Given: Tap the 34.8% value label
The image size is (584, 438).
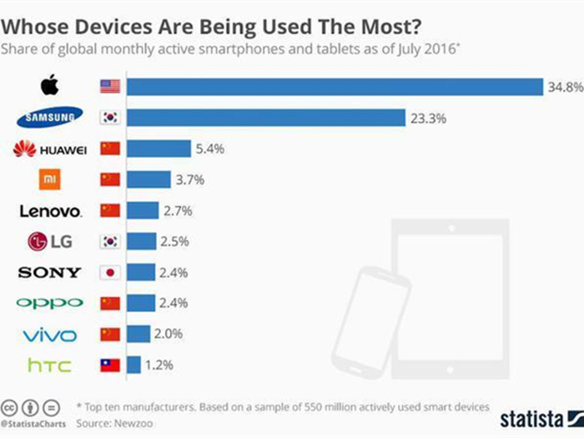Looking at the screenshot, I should click(562, 87).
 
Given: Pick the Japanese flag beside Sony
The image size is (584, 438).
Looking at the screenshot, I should click(110, 272).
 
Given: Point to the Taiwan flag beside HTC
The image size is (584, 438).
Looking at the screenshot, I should click(110, 365).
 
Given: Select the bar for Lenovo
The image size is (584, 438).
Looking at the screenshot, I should click(142, 210).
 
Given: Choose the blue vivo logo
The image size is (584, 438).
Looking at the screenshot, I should click(49, 335).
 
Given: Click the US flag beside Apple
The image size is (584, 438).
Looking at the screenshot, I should click(110, 87).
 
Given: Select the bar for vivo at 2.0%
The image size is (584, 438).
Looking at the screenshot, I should click(138, 334).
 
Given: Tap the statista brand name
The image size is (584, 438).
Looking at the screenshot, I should click(530, 416).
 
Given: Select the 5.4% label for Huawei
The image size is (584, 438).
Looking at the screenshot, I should click(212, 149).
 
